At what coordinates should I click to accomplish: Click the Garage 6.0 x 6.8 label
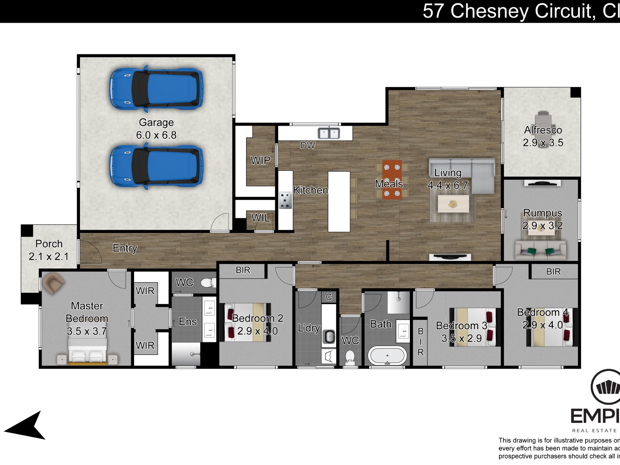tap(156, 129)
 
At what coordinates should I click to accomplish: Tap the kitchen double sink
tap(329, 133)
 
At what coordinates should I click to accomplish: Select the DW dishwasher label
tap(307, 146)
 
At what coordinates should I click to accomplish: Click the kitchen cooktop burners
tap(286, 200)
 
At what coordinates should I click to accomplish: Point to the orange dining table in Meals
tap(392, 179)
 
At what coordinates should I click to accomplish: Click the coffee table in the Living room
tap(453, 204)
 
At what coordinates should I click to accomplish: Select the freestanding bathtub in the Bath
tap(387, 356)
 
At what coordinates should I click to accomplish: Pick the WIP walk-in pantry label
tap(260, 160)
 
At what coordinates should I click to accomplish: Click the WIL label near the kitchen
tap(261, 218)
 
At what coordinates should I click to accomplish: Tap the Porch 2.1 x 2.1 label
tap(49, 250)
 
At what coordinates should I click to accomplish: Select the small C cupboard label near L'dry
tap(329, 297)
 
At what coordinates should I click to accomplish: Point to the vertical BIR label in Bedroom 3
tap(420, 342)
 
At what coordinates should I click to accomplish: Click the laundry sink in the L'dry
tap(329, 336)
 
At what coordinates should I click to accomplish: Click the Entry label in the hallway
tap(125, 248)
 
